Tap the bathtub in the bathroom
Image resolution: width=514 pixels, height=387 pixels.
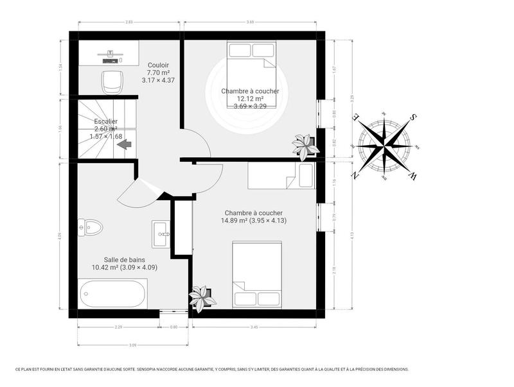[112, 295]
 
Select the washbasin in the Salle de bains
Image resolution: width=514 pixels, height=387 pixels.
[162, 234]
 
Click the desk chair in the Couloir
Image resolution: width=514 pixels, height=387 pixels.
[112, 82]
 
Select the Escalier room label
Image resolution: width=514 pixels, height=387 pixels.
[105, 121]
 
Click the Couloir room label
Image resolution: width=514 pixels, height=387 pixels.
[158, 65]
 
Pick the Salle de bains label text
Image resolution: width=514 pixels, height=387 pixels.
[125, 259]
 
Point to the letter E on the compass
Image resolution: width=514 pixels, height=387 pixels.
[355, 117]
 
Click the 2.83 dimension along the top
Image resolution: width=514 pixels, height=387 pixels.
[129, 22]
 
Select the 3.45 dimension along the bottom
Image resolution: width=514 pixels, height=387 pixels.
[254, 327]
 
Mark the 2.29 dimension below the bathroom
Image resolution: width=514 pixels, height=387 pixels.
[118, 327]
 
